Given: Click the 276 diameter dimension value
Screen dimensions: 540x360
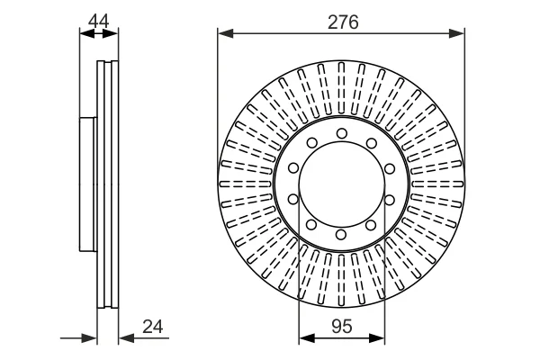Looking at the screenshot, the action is [343, 22].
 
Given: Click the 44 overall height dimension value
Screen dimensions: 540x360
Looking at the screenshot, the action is [98, 21].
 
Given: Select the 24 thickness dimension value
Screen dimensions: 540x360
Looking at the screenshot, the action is [153, 326].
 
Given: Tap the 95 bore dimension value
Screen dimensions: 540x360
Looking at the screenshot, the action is [342, 326].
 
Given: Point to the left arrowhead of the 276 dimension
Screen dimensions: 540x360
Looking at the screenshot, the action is [226, 33].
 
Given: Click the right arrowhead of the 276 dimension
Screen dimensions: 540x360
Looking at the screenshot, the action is [456, 33].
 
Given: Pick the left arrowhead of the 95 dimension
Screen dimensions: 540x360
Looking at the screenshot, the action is [307, 338].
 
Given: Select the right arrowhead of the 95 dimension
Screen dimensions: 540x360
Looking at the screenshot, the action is [377, 338].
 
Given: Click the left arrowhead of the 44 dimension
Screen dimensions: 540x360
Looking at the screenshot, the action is [87, 33].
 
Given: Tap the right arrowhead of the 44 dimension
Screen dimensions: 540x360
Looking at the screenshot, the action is [110, 33].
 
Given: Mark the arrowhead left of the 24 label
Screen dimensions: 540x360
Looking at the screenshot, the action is [126, 338].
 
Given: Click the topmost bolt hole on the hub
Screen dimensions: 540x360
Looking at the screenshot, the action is [342, 133].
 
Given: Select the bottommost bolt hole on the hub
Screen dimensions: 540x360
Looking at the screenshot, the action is [341, 235].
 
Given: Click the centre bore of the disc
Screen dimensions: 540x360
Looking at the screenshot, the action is [341, 184].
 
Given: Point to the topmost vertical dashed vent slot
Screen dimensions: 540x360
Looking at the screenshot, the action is [341, 87].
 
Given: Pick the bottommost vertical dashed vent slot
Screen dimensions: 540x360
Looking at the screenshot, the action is [341, 281].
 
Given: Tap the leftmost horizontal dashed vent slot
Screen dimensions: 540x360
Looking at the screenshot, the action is [245, 184].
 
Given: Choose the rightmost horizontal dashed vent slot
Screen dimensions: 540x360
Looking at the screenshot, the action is [437, 184].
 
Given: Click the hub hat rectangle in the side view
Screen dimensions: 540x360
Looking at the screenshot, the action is [88, 184].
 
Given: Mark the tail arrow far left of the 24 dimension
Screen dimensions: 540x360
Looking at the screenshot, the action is [79, 338].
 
